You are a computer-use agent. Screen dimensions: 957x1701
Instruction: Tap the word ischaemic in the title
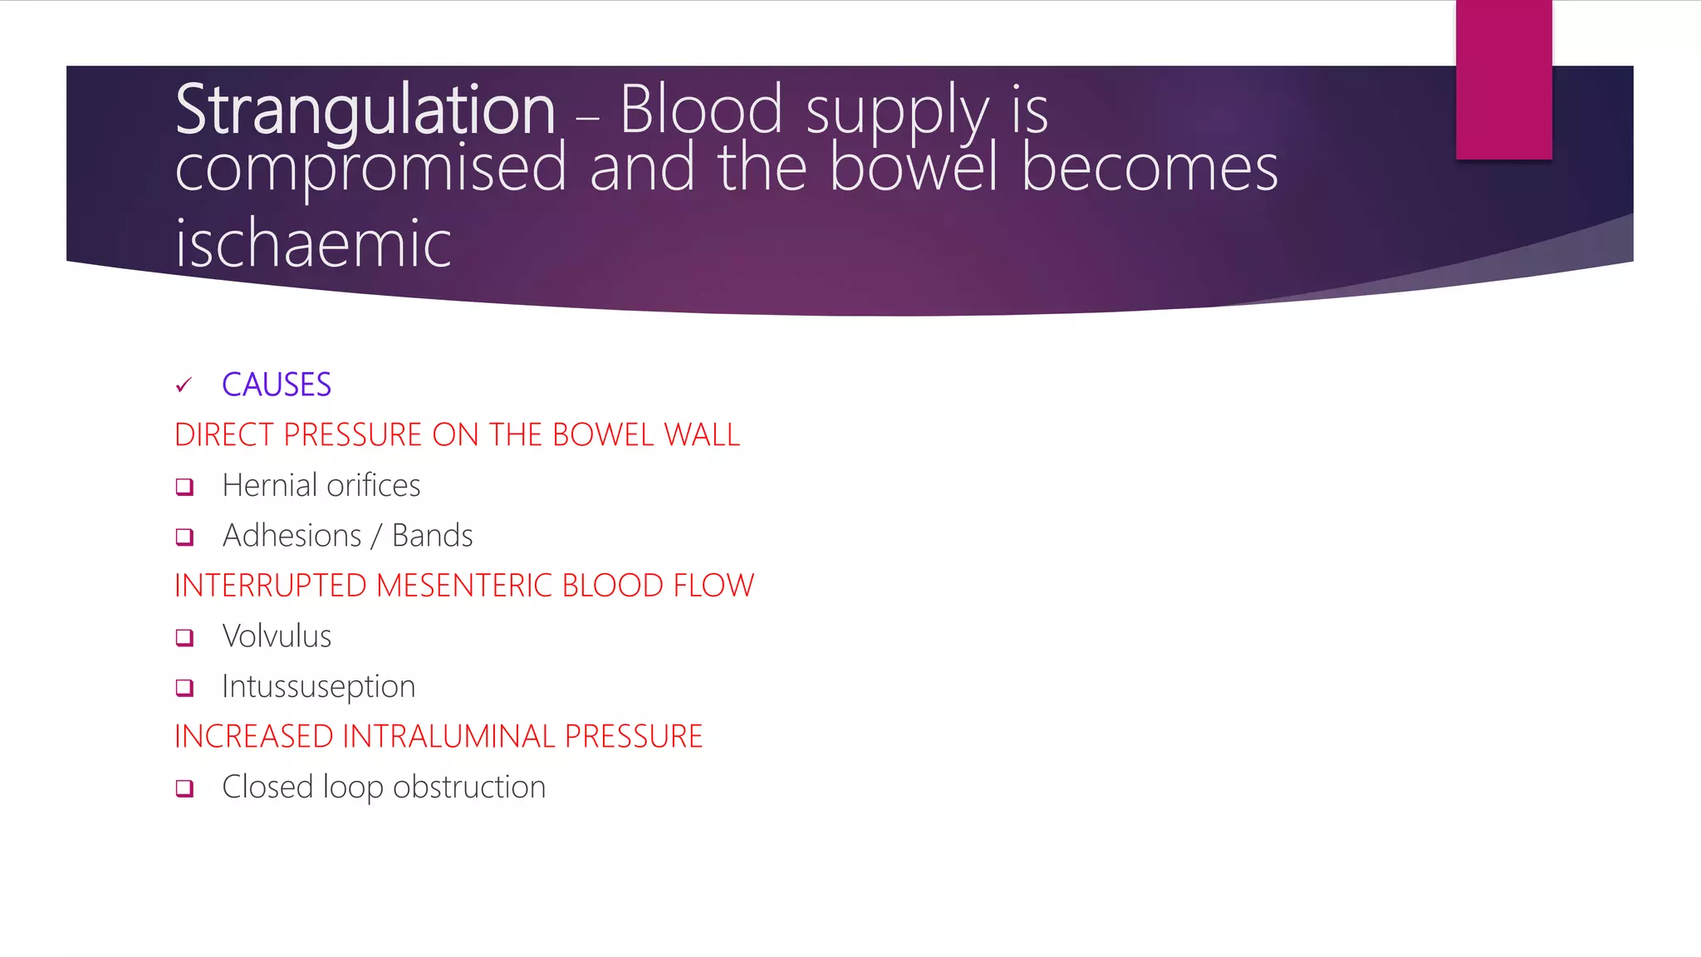coord(313,244)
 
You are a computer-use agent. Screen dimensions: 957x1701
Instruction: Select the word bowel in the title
coord(913,168)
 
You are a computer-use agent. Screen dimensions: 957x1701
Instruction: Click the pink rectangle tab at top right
coord(1503,80)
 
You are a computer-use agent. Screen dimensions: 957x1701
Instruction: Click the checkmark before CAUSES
coord(184,385)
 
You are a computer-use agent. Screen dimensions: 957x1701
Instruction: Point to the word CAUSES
coord(277,385)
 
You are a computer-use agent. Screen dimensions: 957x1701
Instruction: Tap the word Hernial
coord(270,486)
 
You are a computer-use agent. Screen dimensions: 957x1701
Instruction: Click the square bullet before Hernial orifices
coord(184,487)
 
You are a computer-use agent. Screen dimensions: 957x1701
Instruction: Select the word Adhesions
coord(292,536)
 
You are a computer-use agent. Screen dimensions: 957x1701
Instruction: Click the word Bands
coord(432,536)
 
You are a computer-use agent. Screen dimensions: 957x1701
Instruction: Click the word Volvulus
coord(277,636)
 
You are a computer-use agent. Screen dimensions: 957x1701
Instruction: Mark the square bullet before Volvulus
coord(184,638)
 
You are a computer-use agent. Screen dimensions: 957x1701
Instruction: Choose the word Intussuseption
coord(318,687)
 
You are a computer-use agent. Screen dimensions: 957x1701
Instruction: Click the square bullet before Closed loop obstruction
coord(184,788)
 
